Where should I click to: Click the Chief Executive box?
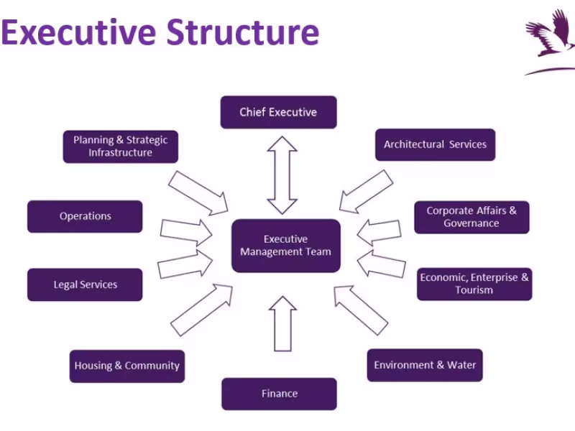coord(278,112)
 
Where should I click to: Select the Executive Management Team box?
coord(285,246)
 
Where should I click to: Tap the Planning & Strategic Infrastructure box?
coord(120,147)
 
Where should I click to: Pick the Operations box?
coord(85,216)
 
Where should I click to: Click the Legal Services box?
coord(85,284)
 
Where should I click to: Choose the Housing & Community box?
coord(126,366)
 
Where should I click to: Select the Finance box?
coord(279,394)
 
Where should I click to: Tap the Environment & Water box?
coord(425,365)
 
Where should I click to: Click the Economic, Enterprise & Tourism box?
coord(474,284)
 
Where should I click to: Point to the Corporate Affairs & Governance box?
coord(471,217)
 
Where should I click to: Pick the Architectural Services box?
coord(435,144)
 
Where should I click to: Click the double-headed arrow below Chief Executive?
coord(282,175)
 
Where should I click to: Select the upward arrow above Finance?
coord(282,324)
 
